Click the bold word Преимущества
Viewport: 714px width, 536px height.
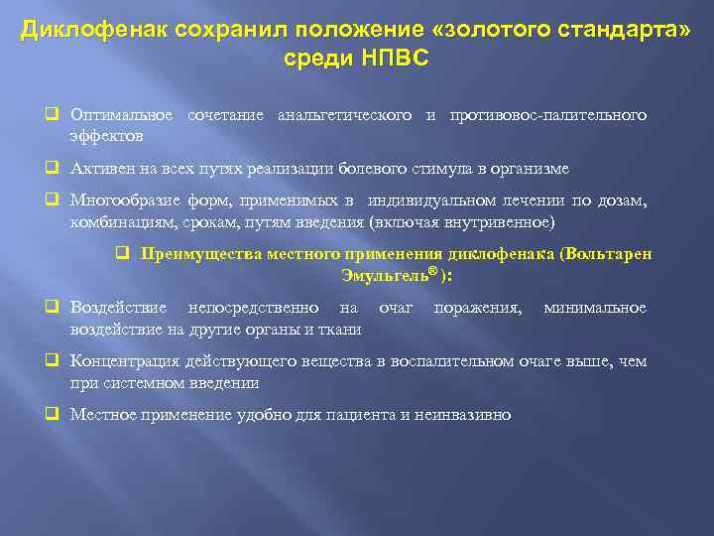202,254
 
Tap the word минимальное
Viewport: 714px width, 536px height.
594,309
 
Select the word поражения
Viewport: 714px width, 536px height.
478,309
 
